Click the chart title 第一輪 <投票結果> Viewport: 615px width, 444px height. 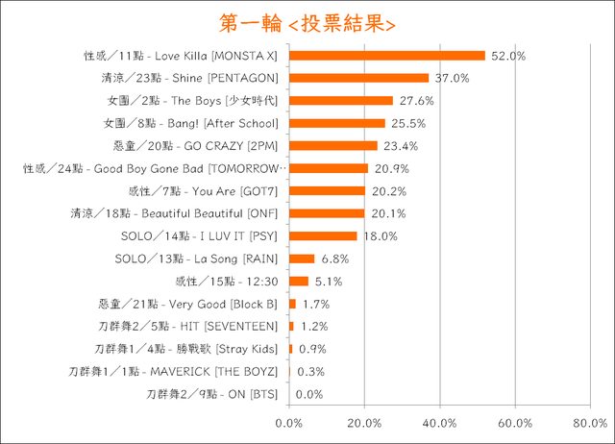307,21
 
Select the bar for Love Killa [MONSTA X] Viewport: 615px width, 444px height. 387,56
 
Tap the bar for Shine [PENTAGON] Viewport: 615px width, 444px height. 358,78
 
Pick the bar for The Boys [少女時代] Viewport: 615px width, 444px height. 341,101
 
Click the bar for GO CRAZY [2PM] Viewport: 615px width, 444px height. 332,146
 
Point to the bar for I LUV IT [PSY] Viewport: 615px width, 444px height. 323,236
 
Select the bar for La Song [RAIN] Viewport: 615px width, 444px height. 302,259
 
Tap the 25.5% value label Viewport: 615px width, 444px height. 406,124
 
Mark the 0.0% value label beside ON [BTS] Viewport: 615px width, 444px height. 309,394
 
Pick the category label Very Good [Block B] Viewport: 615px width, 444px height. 189,304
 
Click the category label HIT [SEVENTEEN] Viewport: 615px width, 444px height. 189,327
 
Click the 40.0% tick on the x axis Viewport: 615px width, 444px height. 440,423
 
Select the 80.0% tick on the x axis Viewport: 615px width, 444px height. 591,423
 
